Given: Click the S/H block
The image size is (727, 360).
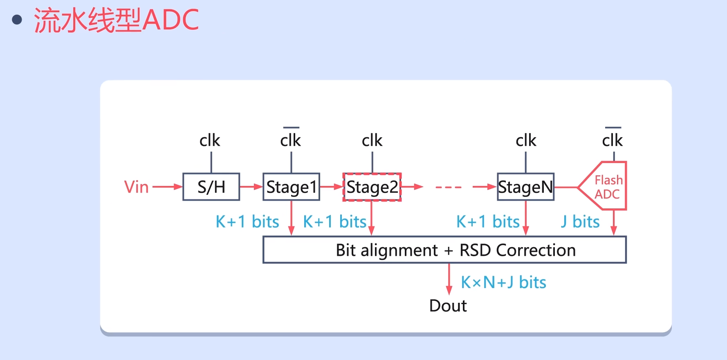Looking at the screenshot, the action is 211,187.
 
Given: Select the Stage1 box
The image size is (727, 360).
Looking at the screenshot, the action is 291,187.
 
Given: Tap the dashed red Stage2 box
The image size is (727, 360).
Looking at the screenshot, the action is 372,187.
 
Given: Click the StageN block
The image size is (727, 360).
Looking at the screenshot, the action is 525,187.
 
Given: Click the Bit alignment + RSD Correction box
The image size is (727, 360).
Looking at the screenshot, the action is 444,250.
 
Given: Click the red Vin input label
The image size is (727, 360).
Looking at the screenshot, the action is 136,187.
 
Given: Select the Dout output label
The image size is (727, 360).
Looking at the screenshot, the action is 448,306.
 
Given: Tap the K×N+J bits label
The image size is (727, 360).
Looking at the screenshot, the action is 503,282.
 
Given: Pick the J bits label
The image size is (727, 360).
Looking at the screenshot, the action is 580,221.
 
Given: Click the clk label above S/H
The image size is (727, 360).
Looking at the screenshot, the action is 209,140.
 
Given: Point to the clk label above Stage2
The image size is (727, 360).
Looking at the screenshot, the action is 372,140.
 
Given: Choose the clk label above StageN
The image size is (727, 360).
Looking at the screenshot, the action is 526,140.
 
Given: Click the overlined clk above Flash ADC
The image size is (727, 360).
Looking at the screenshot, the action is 612,139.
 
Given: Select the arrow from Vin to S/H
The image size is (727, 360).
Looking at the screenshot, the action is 167,187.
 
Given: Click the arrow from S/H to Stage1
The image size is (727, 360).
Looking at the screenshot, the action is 251,187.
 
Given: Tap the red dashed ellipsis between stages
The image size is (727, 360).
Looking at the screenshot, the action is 449,187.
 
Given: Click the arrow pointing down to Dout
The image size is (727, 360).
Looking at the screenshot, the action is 449,279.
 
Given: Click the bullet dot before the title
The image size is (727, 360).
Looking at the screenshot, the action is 17,20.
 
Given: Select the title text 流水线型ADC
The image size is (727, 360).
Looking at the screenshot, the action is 116,20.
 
